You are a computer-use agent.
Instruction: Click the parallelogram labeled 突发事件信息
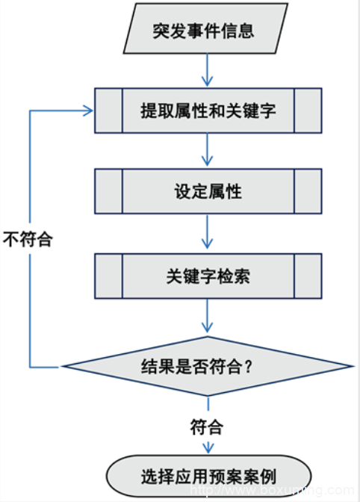coord(205,28)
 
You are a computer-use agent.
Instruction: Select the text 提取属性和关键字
coord(208,111)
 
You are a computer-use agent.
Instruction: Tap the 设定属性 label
coord(208,191)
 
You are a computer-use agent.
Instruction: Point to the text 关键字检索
coord(208,276)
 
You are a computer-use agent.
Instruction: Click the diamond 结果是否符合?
coord(208,366)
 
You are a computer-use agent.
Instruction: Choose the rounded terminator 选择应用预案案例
coord(208,477)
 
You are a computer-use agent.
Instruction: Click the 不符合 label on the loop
coord(28,239)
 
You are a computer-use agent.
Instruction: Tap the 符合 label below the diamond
coord(207,427)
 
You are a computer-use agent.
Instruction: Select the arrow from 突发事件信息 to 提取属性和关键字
coord(208,70)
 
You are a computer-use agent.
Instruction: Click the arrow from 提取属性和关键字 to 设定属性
coord(208,149)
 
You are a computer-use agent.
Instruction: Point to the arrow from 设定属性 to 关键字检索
coord(208,231)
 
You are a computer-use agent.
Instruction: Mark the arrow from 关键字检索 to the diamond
coord(208,316)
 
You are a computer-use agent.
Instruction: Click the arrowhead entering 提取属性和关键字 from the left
coord(88,111)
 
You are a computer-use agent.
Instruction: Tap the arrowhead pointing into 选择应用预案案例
coord(208,448)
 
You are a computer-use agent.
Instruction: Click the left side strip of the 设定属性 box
coord(109,191)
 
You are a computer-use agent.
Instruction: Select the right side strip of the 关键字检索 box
coord(308,276)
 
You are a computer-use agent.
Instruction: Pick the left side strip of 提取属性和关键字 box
coord(109,111)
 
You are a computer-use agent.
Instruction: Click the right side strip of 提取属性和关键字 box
coord(308,111)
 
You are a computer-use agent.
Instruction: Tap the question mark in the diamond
coord(248,367)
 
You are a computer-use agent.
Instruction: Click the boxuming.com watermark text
coord(273,490)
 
